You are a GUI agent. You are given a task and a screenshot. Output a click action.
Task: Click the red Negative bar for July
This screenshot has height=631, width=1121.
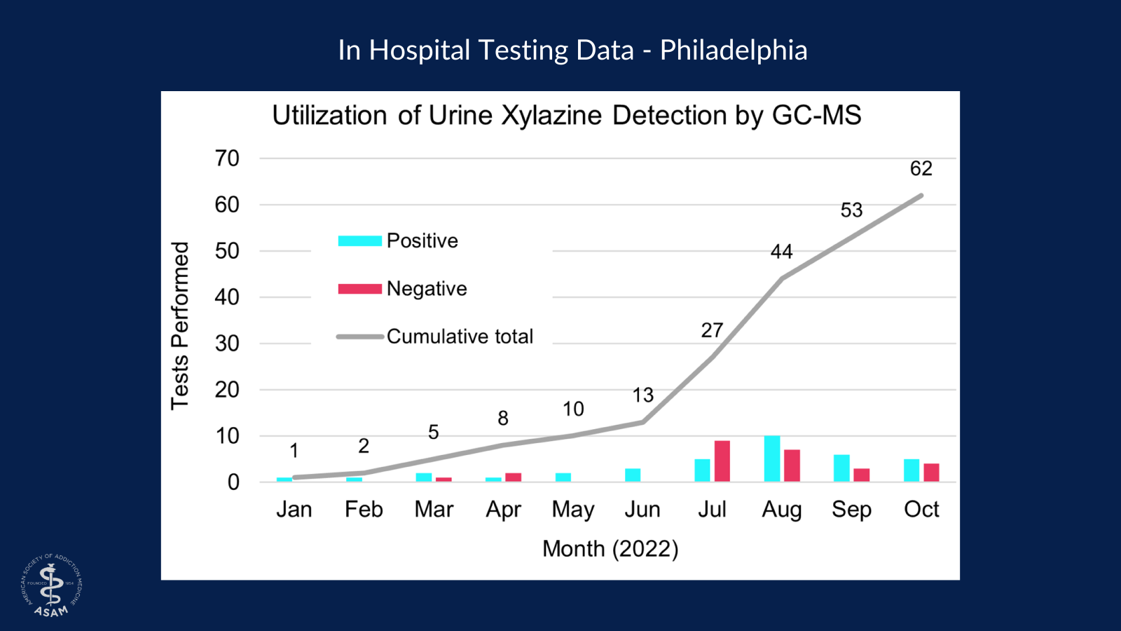[x=722, y=461]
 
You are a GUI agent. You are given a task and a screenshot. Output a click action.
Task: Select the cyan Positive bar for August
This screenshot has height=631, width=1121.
[x=772, y=459]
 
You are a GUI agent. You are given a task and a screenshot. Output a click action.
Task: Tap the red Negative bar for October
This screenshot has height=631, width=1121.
[x=931, y=473]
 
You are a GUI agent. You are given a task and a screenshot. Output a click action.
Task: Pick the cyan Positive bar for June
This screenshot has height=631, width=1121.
[x=633, y=475]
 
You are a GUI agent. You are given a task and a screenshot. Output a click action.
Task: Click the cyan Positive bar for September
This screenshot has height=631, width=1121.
[x=841, y=468]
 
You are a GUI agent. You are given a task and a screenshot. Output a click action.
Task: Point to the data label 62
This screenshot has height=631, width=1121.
[x=921, y=168]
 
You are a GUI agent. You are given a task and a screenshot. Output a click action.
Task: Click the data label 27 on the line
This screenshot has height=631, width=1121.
[x=712, y=330]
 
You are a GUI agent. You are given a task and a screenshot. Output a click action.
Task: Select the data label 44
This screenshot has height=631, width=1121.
[x=781, y=252]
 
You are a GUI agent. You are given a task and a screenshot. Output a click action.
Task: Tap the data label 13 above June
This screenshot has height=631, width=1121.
[x=642, y=395]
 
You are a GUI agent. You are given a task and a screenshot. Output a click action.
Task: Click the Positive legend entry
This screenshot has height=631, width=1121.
[x=422, y=241]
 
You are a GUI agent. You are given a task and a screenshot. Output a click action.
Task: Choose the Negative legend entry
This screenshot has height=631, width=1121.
[x=426, y=289]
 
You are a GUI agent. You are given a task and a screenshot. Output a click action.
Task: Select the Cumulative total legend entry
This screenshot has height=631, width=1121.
[x=460, y=337]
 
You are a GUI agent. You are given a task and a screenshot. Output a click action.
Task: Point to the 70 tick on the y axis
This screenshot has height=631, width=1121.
[x=227, y=158]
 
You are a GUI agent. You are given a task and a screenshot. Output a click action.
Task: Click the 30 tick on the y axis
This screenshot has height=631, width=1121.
[x=227, y=344]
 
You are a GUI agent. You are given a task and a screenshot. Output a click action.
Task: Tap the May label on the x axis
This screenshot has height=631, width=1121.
[x=573, y=510]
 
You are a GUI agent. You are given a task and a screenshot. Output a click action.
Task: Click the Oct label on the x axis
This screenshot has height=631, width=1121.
[x=921, y=510]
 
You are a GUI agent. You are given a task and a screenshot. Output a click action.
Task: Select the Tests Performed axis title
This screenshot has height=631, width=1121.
[x=180, y=325]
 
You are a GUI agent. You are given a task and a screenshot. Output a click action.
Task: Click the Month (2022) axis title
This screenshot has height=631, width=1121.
[x=610, y=549]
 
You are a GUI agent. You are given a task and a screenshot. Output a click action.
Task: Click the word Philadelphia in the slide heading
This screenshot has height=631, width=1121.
[x=734, y=50]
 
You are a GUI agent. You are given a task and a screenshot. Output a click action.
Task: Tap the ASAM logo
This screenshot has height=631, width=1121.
[x=52, y=586]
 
